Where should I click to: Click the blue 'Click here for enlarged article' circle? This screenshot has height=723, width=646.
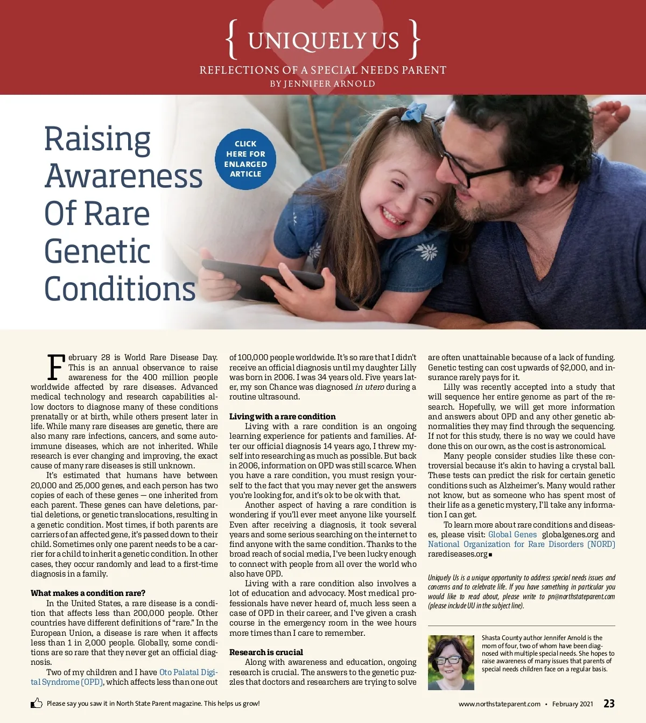tap(245, 159)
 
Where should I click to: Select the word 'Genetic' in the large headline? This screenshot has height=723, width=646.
tap(97, 251)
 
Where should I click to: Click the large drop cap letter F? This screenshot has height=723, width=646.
tap(56, 367)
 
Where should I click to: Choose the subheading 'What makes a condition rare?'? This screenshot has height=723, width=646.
tap(88, 593)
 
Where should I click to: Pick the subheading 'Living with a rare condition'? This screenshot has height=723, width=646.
tap(282, 417)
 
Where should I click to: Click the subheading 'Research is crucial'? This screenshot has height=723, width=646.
tap(266, 652)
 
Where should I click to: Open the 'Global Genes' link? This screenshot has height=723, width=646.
tap(512, 535)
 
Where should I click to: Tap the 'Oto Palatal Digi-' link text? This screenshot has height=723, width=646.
tap(188, 672)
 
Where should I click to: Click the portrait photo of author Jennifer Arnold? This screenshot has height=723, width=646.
tap(451, 662)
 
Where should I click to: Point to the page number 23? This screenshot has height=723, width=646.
tap(609, 704)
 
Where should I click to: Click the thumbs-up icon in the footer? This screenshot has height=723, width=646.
tap(37, 703)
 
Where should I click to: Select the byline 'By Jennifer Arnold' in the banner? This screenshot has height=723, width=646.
tap(322, 84)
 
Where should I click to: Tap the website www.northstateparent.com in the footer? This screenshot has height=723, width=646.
tap(499, 704)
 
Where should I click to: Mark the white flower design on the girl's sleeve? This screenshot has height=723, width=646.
tap(428, 251)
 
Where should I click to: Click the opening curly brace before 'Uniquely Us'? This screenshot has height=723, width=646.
tap(232, 39)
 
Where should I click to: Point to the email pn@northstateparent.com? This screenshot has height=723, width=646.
tap(581, 596)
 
